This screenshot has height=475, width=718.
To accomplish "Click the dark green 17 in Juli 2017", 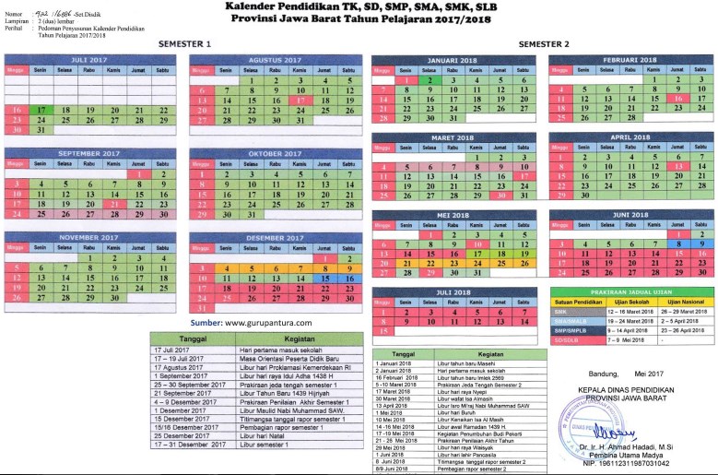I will click(41, 109).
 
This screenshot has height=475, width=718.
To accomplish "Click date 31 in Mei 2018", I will click(477, 273).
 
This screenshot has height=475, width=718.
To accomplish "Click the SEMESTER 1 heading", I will click(184, 44).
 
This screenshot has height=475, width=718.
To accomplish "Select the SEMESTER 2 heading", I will click(544, 44).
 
